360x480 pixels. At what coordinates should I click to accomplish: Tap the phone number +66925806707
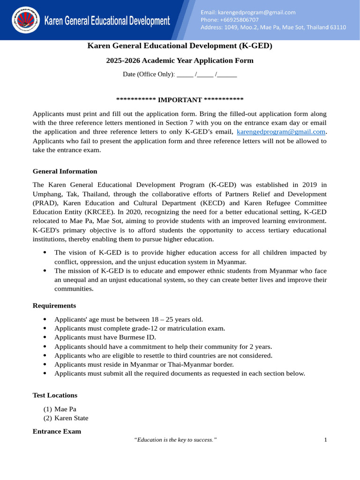(x=229, y=20)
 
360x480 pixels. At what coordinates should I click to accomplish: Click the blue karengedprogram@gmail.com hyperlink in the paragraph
(x=281, y=132)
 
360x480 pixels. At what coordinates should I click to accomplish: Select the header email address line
(x=248, y=12)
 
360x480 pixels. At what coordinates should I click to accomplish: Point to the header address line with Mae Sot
(x=273, y=27)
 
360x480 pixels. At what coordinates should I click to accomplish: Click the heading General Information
(x=65, y=171)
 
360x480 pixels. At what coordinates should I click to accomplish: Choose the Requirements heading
(x=54, y=306)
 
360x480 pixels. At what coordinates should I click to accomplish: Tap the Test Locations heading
(x=55, y=395)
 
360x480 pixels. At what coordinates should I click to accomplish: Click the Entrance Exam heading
(x=57, y=431)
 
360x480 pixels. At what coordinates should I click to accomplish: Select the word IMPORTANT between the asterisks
(x=180, y=100)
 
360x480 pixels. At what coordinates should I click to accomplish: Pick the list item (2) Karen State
(x=66, y=418)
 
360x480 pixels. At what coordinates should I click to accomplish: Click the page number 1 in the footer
(x=325, y=440)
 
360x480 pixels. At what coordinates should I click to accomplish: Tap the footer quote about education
(x=175, y=440)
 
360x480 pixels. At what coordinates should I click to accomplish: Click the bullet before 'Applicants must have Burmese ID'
(x=45, y=337)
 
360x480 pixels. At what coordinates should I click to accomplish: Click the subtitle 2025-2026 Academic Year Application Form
(x=180, y=60)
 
